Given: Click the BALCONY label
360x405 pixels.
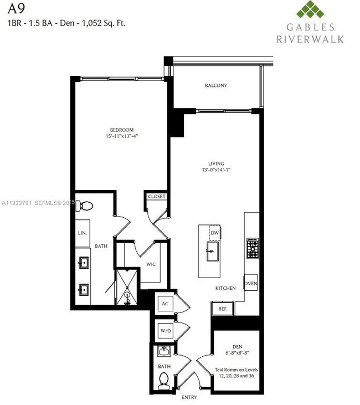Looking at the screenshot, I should coord(216,85).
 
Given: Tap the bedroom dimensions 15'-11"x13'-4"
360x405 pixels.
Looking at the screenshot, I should coord(122,136).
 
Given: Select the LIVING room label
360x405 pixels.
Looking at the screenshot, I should coord(216,163).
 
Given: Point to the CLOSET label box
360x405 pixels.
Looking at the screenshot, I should coord(156,196).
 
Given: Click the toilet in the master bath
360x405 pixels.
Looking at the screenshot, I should coord(85,206).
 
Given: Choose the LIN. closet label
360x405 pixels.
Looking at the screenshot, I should coord(83,233).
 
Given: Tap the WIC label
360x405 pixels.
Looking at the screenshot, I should coord(151,264).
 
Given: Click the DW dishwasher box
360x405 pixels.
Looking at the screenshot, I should coord(214,233).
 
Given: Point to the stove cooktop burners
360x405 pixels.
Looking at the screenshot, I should coord(253,247).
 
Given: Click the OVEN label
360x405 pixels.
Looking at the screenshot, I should coord(251,283).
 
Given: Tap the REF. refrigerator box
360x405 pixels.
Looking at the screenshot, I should coord(222,309).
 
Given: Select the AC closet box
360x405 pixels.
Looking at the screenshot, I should coord(164,304).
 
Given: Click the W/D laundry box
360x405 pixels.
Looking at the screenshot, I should coord(164,331).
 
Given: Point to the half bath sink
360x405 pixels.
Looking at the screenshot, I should coord(163,351).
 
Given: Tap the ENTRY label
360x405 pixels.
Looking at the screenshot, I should coord(189,397).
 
